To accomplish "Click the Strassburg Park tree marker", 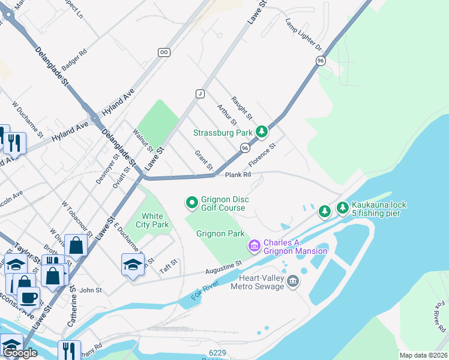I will pos(261,131).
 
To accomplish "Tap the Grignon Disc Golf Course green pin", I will pos(192,203).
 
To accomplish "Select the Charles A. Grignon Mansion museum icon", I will pos(254,245).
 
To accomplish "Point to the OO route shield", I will pos(163,53).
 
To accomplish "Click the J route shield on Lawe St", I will pos(200,93).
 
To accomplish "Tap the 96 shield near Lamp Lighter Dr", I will pos(321,61).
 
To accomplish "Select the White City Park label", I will pos(155,220).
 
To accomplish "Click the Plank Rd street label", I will pos(238,175).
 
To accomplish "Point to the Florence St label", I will pos(262,155).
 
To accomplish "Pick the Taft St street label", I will pos(169,266).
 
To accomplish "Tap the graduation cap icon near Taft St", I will pos(133,264).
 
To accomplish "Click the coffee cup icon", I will pos(28,297).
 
